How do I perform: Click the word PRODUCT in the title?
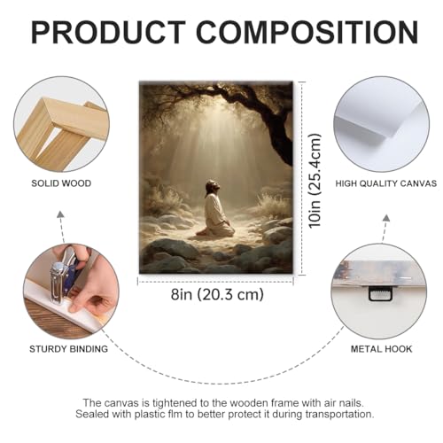click(108, 32)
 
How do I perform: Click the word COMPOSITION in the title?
click(307, 32)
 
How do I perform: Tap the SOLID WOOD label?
click(61, 183)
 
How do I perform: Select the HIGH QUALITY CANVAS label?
click(386, 183)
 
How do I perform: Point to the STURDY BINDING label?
click(68, 349)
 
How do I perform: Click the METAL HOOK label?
click(381, 349)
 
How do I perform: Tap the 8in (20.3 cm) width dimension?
click(217, 294)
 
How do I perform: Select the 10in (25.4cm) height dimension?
click(315, 181)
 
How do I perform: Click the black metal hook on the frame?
click(380, 294)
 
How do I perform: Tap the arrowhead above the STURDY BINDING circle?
click(60, 214)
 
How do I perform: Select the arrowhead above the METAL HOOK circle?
click(386, 218)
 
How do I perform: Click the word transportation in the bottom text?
click(339, 415)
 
